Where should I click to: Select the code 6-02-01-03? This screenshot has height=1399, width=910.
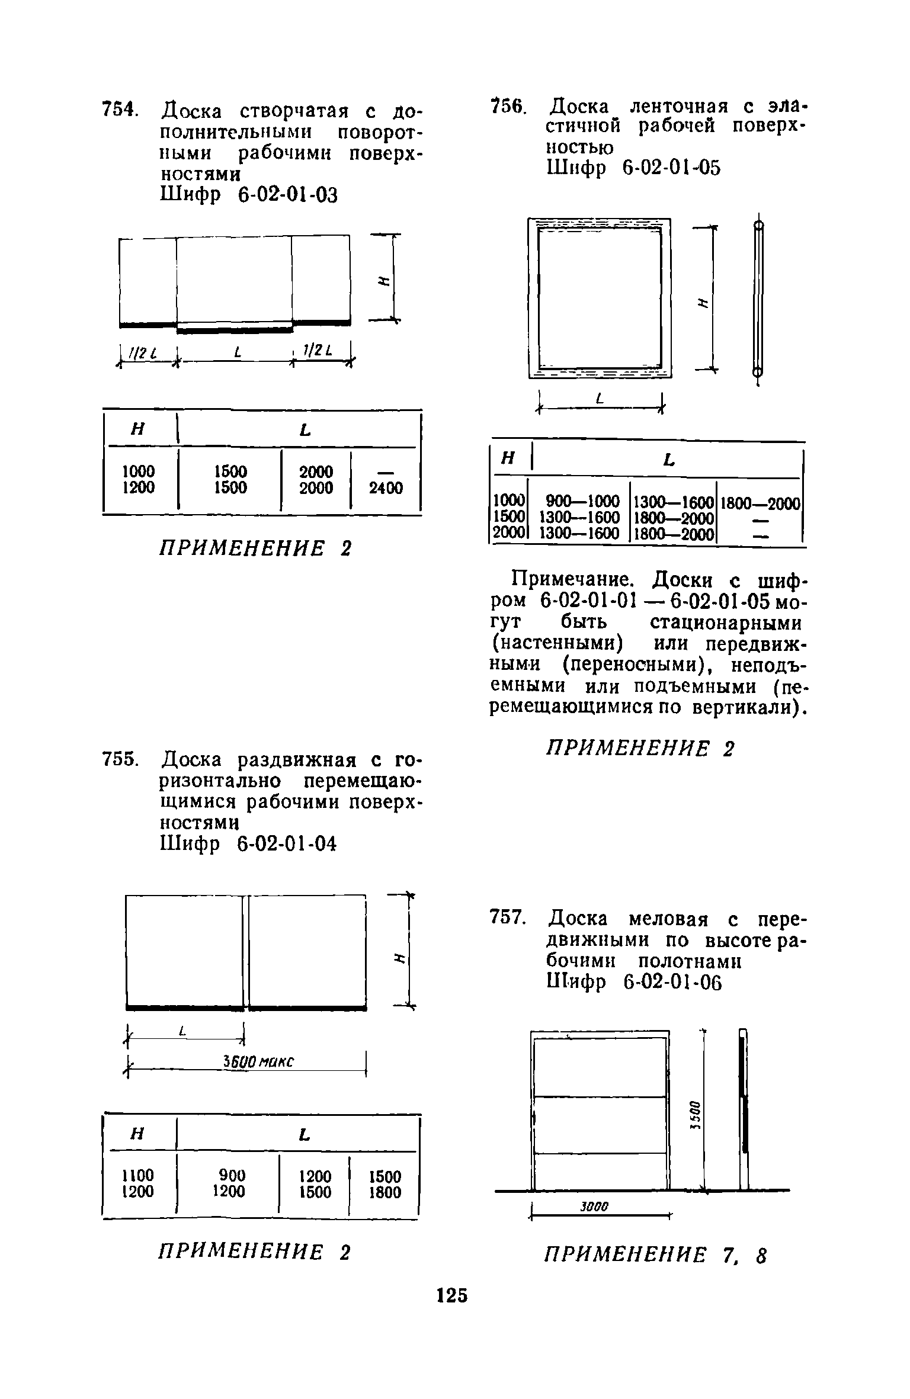[x=287, y=195]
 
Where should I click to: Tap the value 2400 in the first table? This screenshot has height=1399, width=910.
[x=386, y=488]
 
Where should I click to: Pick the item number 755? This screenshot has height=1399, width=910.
[x=120, y=759]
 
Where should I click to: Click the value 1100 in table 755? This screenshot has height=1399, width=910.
[x=137, y=1175]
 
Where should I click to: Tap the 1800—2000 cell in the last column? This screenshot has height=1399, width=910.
[x=760, y=503]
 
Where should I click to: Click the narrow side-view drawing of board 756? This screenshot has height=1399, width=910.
[x=758, y=299]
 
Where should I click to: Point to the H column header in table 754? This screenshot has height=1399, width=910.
[x=137, y=431]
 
